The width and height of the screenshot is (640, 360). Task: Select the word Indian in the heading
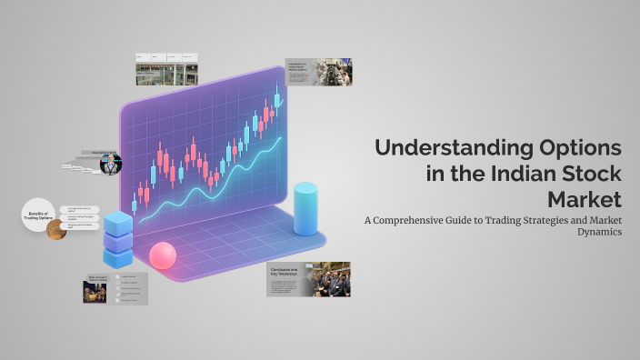click(524, 174)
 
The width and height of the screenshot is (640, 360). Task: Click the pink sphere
click(162, 255)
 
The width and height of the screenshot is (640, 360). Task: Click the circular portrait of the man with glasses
click(110, 165)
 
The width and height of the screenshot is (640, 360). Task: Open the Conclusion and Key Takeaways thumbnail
click(308, 279)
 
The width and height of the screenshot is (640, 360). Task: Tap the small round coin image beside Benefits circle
click(56, 229)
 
